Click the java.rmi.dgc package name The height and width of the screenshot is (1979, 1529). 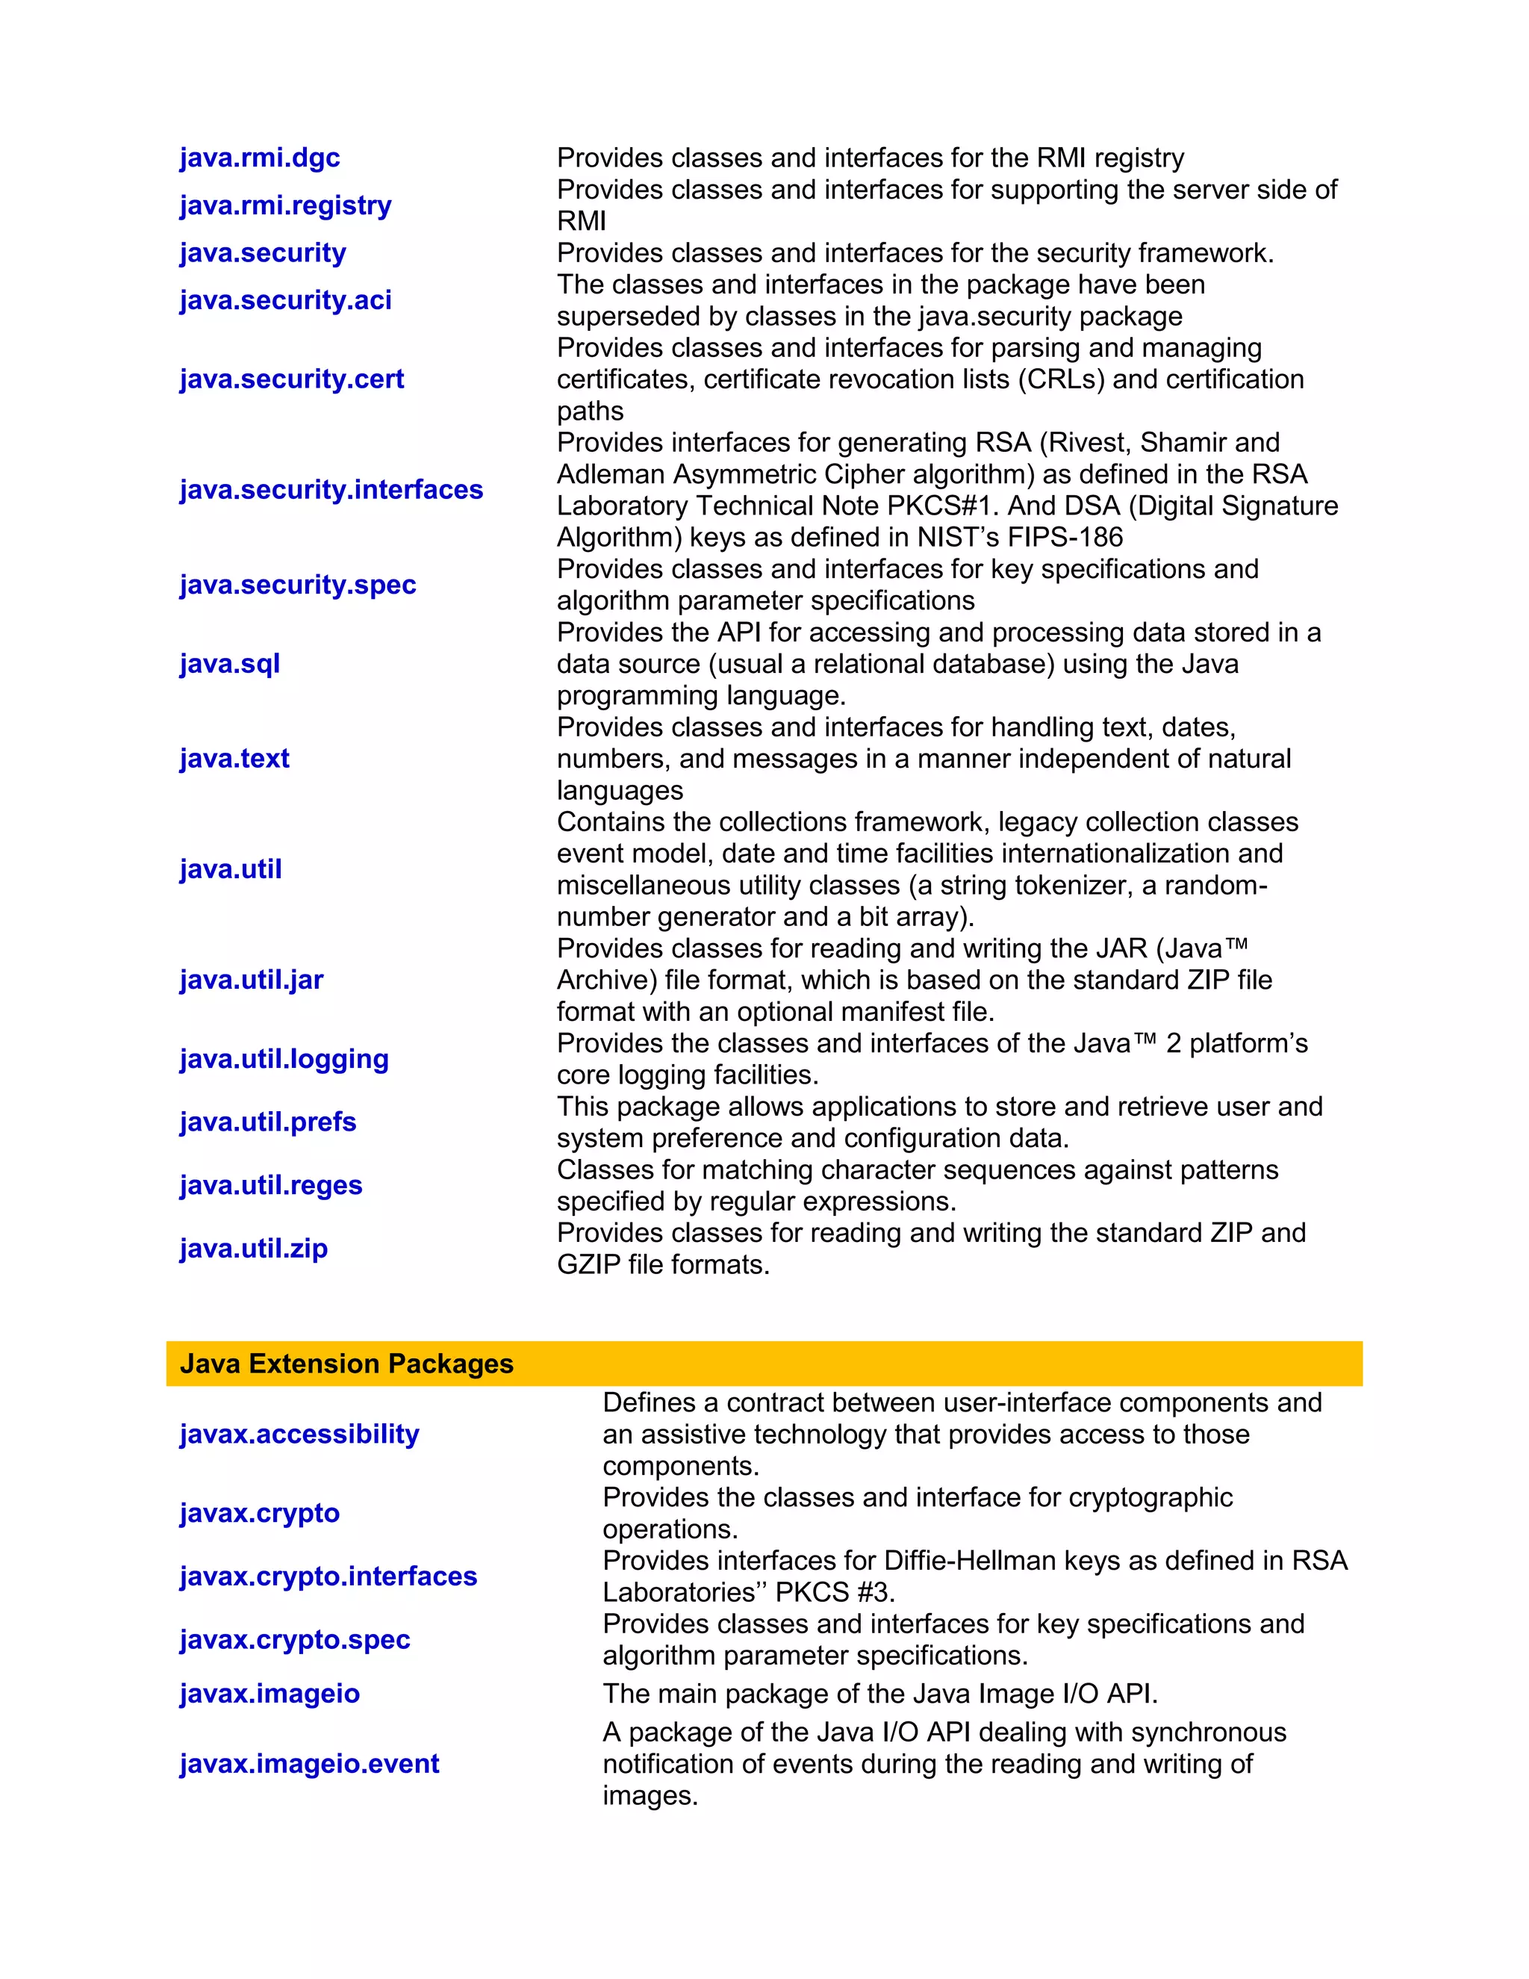(x=259, y=158)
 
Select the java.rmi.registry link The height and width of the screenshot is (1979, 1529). (x=285, y=205)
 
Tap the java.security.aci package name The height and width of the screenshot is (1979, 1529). (x=285, y=300)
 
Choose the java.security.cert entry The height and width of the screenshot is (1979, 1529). (x=292, y=379)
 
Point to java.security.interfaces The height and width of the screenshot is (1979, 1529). (x=331, y=489)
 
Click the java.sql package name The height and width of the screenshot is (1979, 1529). (x=229, y=663)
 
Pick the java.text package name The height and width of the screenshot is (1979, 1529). (x=234, y=759)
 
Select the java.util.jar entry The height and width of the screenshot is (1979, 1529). (x=251, y=980)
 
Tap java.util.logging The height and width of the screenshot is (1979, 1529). (x=284, y=1058)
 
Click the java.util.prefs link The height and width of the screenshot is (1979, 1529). (x=267, y=1122)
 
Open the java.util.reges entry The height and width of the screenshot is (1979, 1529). (x=270, y=1185)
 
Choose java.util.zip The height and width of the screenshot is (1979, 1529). (x=253, y=1249)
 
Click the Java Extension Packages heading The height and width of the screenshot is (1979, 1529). (x=346, y=1364)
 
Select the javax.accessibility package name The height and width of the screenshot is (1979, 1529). (x=299, y=1435)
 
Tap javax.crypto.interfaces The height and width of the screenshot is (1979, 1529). (x=328, y=1576)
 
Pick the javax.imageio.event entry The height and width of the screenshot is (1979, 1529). (x=309, y=1763)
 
